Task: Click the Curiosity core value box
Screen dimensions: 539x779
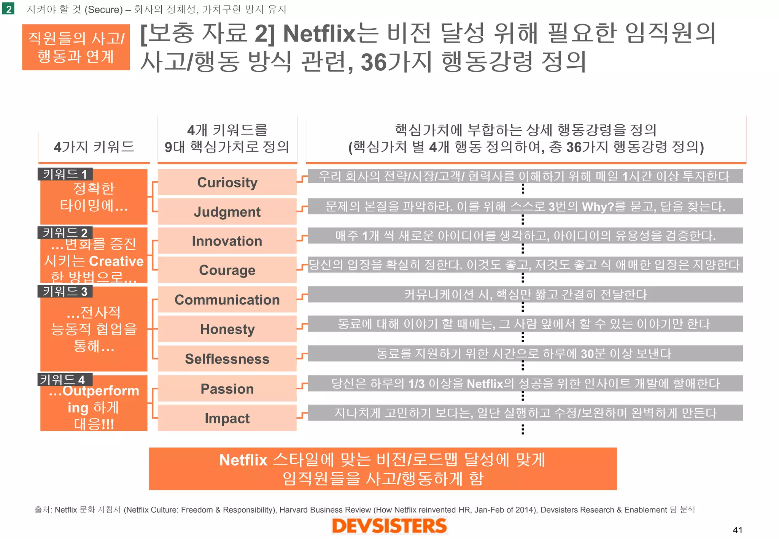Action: click(227, 182)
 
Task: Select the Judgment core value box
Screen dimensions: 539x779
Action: click(227, 212)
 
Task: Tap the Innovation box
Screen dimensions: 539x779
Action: click(227, 241)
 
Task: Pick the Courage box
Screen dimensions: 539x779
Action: click(227, 270)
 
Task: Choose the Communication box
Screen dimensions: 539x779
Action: click(227, 300)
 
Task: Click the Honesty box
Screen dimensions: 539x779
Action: click(227, 329)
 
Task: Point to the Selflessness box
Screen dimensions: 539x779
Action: click(227, 359)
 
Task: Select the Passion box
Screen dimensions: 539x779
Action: click(227, 389)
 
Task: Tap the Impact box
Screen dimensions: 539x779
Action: click(227, 418)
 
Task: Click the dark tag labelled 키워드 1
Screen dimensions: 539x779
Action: click(65, 174)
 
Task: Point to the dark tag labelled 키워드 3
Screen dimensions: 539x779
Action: click(65, 291)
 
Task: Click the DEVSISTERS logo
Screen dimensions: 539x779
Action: click(389, 526)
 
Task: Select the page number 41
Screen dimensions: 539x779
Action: click(738, 530)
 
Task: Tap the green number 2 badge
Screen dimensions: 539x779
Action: click(8, 9)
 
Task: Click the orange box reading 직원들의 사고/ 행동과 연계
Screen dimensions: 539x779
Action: click(76, 48)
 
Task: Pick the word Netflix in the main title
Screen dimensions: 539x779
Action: click(319, 33)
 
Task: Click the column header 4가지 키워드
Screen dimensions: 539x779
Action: click(94, 147)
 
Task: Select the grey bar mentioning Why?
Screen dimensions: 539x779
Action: click(525, 206)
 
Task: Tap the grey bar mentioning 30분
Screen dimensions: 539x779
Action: click(525, 354)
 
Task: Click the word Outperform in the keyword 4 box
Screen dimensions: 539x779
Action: click(101, 391)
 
